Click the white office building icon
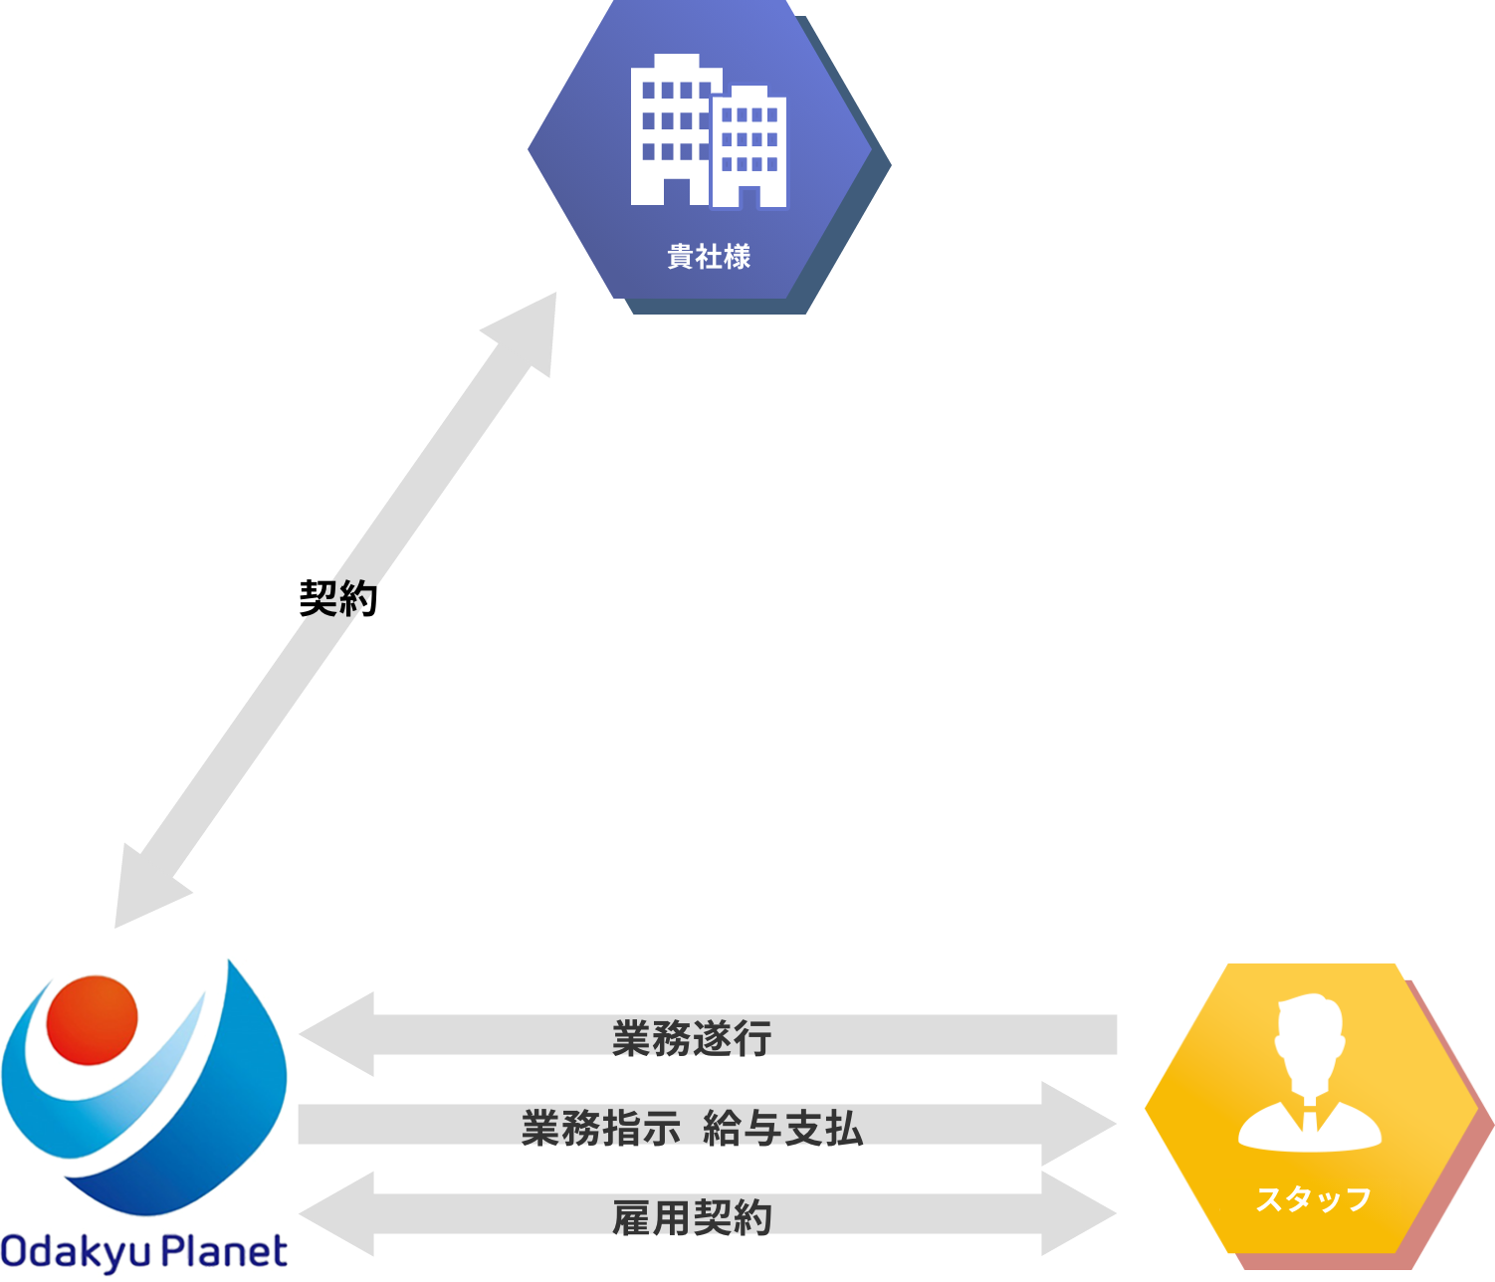[708, 130]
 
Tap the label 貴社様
[709, 257]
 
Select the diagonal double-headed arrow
[335, 609]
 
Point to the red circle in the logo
[92, 1019]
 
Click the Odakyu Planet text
[145, 1251]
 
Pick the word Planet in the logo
[225, 1250]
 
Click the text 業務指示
[600, 1128]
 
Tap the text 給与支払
[782, 1128]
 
